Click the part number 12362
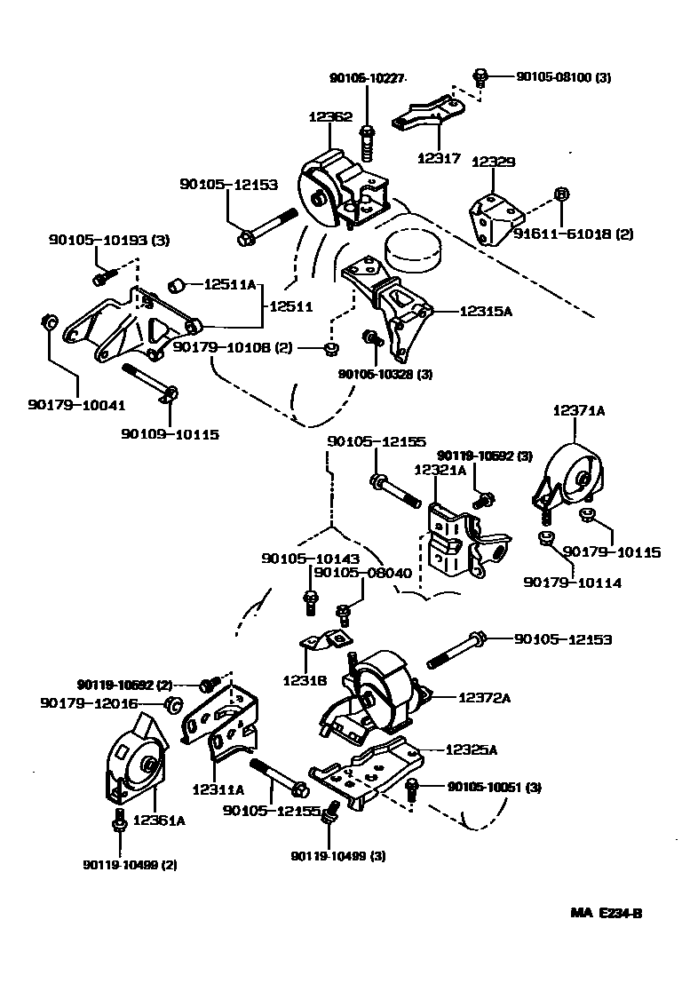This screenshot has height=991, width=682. click(x=330, y=116)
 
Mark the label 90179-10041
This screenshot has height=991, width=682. click(x=75, y=405)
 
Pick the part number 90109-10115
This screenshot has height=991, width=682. click(x=170, y=434)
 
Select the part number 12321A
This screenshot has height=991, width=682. click(x=440, y=470)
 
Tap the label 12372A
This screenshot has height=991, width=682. click(x=484, y=698)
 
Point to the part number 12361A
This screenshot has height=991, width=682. click(x=160, y=821)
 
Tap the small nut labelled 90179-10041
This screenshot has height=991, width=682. click(x=50, y=321)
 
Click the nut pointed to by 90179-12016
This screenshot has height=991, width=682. click(x=175, y=705)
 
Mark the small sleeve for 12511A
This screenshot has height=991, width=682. click(x=176, y=285)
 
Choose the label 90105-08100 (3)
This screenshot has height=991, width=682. click(x=563, y=78)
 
